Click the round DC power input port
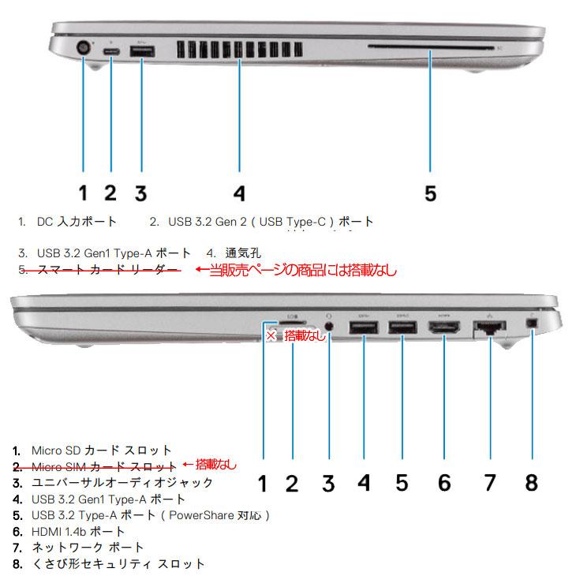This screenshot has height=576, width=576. click(82, 49)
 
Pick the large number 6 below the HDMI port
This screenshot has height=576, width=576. click(445, 482)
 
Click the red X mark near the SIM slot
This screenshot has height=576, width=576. click(270, 336)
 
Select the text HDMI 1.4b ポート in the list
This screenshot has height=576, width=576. click(78, 531)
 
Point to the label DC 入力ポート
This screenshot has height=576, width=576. click(77, 222)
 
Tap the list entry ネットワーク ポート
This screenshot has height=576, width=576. click(88, 547)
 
